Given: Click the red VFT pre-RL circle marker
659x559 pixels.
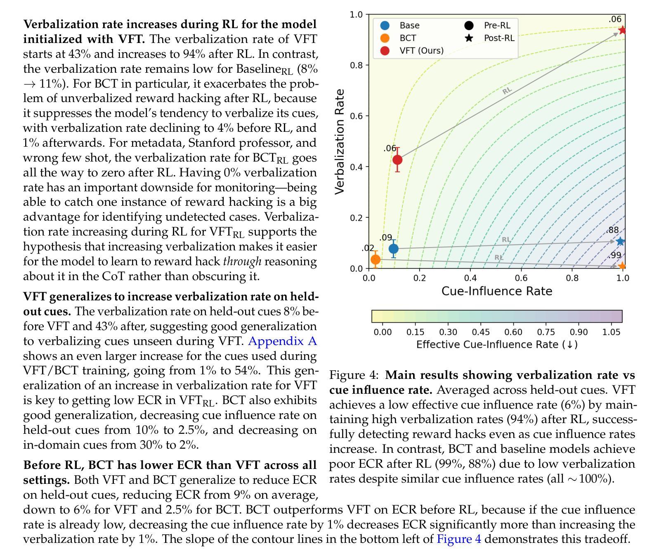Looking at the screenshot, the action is pos(397,159).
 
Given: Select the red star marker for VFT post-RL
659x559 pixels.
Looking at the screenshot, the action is pos(622,30).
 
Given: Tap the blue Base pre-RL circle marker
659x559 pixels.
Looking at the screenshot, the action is pos(394,249).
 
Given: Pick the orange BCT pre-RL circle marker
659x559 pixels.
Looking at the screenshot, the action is pos(376,259).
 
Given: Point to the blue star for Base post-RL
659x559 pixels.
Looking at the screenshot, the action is pos(620,242).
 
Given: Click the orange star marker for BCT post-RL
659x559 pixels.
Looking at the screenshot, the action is pos(622,266).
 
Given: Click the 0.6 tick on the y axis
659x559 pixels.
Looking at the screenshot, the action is pos(356,116).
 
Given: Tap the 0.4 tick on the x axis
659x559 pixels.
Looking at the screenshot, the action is pos(470,278).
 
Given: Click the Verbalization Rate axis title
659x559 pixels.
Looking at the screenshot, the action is pos(340,141).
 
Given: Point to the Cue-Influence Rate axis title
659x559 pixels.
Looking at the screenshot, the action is pos(497,291).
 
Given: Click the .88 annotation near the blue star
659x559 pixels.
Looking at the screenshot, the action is pos(613,231).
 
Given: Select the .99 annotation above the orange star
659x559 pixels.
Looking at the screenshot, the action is pos(614,255).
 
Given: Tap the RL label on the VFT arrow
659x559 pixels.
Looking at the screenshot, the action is pos(507,90).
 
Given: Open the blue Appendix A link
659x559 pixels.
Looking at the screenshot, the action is pos(283,341).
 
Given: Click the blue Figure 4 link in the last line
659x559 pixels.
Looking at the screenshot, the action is pos(459,539).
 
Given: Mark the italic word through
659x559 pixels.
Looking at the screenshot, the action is pos(242,262).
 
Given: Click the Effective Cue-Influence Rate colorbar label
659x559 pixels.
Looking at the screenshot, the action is pos(497,345).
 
